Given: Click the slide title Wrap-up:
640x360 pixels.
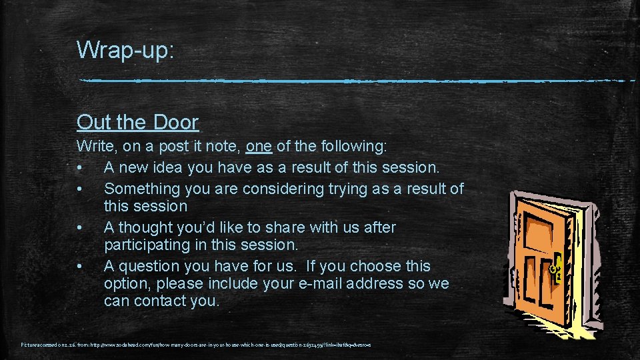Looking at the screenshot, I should (125, 50).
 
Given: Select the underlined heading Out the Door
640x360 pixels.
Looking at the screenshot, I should (137, 122).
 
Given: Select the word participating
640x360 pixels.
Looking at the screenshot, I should (147, 245).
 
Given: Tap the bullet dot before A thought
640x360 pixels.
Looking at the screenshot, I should (80, 228).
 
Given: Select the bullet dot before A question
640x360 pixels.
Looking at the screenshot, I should (80, 267).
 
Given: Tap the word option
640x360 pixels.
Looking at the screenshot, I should (127, 283).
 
